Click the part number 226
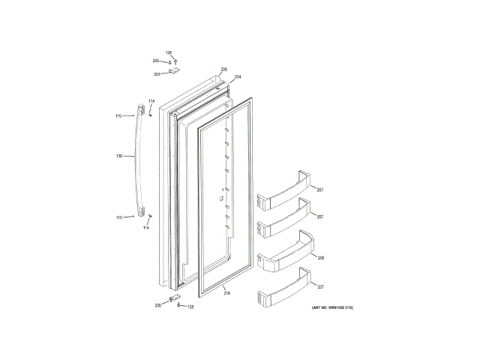[223, 70]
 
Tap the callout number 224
[238, 77]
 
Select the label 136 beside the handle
[119, 156]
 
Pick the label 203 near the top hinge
[157, 73]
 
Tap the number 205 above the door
[156, 60]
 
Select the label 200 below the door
[158, 305]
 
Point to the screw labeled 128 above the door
[169, 61]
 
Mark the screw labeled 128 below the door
[178, 307]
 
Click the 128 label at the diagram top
[169, 52]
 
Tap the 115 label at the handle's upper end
[118, 115]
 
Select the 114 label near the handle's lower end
[145, 226]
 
